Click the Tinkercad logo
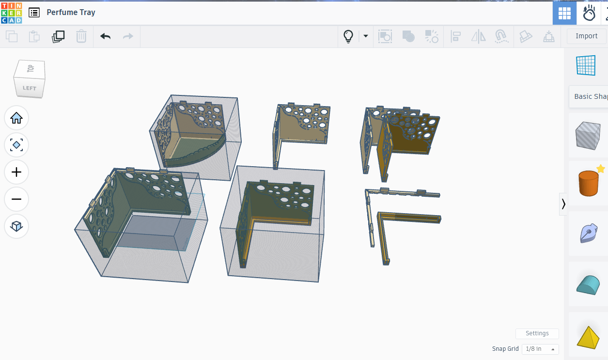click(11, 13)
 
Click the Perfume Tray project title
click(71, 13)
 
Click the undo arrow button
click(105, 36)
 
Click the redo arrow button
click(128, 36)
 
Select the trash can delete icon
click(81, 36)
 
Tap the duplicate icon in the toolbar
click(58, 36)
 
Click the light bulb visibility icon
click(348, 36)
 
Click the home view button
click(16, 118)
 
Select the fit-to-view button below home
click(16, 145)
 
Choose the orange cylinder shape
click(588, 183)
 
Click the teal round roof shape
click(588, 284)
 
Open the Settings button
click(537, 333)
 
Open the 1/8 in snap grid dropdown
click(540, 349)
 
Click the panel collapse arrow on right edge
click(563, 204)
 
